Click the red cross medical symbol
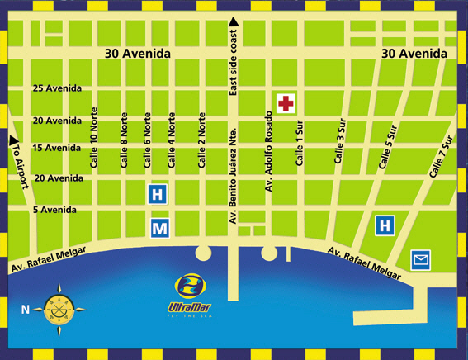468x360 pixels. (286, 103)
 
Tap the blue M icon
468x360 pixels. (159, 227)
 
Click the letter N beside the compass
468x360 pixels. (26, 310)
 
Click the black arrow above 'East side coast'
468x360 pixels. (234, 21)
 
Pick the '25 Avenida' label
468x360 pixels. (57, 88)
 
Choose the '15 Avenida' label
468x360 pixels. (57, 148)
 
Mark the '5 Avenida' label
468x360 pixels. (54, 210)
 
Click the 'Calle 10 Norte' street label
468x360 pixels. (95, 140)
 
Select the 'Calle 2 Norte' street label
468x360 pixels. (201, 142)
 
